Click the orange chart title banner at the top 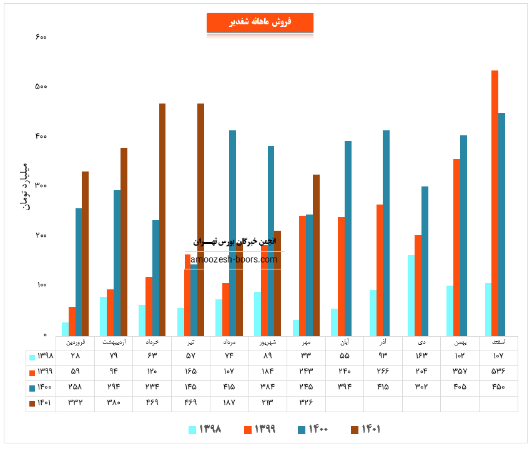(x=260, y=22)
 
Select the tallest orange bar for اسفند (x=495, y=203)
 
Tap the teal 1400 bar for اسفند (x=501, y=224)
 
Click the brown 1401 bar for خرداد (x=162, y=220)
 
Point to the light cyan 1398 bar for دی (x=411, y=296)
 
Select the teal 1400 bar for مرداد (x=232, y=233)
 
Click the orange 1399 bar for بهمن (x=456, y=248)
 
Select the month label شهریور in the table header (x=267, y=342)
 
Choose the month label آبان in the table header (x=345, y=342)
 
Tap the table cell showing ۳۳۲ (x=75, y=403)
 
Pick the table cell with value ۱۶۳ (x=421, y=356)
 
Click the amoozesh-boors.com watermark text (x=234, y=259)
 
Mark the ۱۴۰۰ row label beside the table (x=42, y=387)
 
